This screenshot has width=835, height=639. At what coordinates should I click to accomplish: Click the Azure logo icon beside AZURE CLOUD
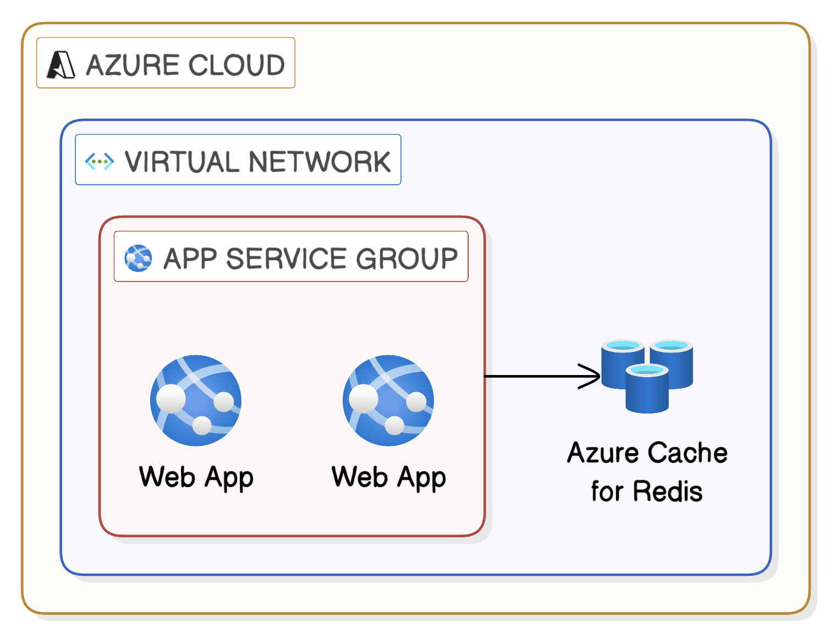coord(61,64)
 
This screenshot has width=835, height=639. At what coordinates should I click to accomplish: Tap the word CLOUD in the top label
coord(237,65)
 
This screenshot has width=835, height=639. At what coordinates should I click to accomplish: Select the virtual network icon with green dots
coord(100,162)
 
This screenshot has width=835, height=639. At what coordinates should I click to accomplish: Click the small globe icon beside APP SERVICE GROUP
coord(138,258)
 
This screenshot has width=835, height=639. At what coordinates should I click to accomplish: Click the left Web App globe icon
coord(196,400)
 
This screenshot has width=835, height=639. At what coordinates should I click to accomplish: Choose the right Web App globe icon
coord(388,400)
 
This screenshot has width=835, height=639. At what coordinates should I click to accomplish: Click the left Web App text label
coord(196,477)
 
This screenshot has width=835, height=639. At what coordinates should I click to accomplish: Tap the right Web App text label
coord(388,477)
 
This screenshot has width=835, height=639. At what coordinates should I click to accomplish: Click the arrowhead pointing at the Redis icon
coord(591,376)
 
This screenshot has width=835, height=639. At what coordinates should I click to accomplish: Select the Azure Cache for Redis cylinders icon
coord(647,376)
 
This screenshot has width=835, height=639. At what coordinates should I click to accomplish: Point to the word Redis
coord(667,491)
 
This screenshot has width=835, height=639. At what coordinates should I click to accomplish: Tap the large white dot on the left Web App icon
coord(171,399)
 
